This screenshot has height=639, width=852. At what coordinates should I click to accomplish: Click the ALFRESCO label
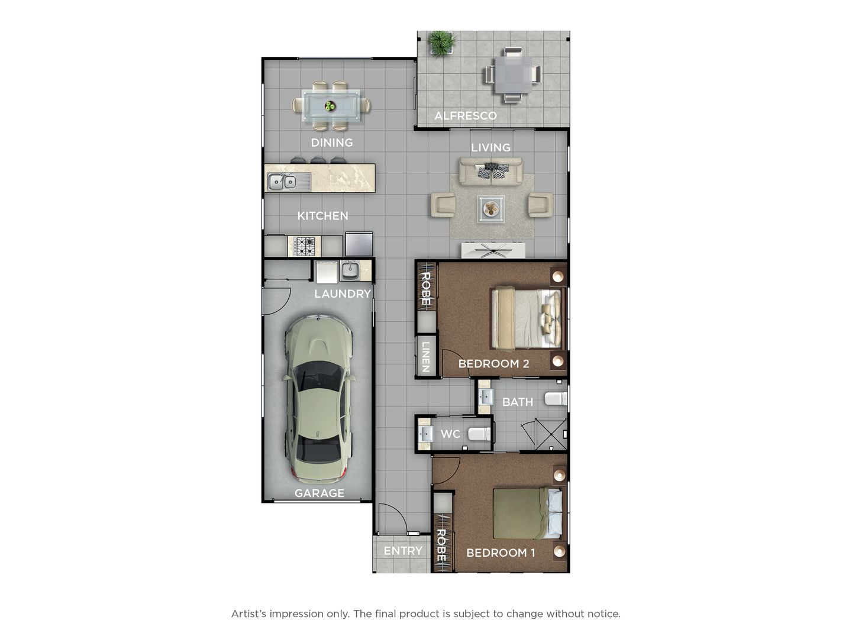(x=465, y=115)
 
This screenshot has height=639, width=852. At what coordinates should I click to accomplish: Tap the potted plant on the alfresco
(x=442, y=43)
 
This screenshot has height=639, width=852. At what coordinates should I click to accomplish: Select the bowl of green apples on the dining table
(x=330, y=105)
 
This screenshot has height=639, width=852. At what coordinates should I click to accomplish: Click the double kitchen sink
(x=282, y=181)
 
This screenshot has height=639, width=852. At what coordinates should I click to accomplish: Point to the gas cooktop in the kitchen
(x=305, y=246)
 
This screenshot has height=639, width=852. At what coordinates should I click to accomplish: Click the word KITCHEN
(x=322, y=216)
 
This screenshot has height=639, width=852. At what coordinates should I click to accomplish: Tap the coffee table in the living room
(x=491, y=209)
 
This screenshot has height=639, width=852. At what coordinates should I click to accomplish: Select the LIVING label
(x=490, y=147)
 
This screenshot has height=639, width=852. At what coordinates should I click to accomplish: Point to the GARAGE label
(x=319, y=493)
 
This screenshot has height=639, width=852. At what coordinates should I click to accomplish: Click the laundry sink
(x=350, y=270)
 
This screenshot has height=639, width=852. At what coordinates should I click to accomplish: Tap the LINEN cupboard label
(x=426, y=357)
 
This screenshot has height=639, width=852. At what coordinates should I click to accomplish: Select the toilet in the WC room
(x=479, y=434)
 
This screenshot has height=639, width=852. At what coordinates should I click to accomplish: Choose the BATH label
(x=517, y=402)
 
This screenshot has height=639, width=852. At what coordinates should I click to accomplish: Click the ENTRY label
(x=403, y=550)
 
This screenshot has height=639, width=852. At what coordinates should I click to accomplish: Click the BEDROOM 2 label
(x=493, y=363)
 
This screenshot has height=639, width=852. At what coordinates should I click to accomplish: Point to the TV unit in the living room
(x=493, y=250)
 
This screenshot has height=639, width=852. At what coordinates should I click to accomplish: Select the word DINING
(x=332, y=143)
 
